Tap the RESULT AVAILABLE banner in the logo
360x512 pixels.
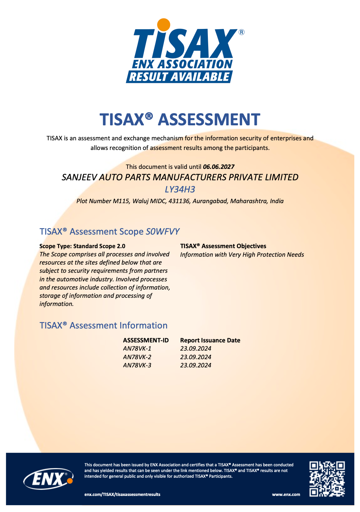click(x=179, y=77)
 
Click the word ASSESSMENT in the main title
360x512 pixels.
click(x=209, y=120)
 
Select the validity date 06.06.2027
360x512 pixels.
click(x=219, y=167)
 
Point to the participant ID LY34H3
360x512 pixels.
click(x=180, y=189)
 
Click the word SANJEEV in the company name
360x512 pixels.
click(x=79, y=177)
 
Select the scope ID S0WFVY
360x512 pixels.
click(x=162, y=232)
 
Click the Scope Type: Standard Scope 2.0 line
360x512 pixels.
click(x=82, y=246)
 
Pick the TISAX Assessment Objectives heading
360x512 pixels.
click(x=223, y=246)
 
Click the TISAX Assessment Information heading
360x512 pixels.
click(x=104, y=326)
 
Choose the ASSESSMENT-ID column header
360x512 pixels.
click(x=146, y=340)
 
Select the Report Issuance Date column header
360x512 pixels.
click(x=210, y=340)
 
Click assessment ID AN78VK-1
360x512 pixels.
click(x=137, y=348)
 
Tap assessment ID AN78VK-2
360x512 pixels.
click(x=137, y=357)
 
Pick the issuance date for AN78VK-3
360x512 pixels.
click(x=196, y=365)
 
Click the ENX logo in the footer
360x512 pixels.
click(x=48, y=479)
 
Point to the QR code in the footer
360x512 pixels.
click(x=327, y=479)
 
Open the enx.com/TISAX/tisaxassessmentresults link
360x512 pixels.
click(x=122, y=495)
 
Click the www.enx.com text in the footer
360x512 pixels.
click(x=286, y=495)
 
